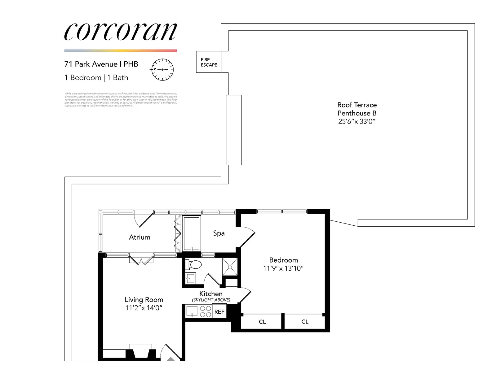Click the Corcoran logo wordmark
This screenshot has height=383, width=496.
[x=120, y=32]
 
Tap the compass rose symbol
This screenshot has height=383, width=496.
[x=162, y=70]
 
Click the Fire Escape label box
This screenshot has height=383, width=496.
[x=209, y=62]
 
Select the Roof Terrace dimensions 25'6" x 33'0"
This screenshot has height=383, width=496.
[x=356, y=122]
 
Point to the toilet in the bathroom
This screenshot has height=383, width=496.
[x=194, y=265]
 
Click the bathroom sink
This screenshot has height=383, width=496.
[x=190, y=278]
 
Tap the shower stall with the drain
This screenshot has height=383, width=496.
[x=230, y=266]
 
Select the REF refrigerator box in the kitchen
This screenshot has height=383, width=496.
[x=219, y=312]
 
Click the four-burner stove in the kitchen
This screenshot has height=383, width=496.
[x=205, y=311]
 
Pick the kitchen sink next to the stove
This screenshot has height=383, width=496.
[x=192, y=311]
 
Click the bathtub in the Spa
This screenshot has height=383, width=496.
[x=192, y=233]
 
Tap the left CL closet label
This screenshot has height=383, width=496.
[x=262, y=322]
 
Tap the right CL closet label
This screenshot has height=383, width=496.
[x=305, y=322]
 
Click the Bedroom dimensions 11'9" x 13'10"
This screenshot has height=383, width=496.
[x=283, y=268]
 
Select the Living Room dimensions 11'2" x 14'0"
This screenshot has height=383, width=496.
[x=144, y=308]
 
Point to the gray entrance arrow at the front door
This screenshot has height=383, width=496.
[x=171, y=359]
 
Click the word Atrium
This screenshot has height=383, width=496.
[x=139, y=237]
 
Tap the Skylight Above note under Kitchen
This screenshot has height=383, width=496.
[x=211, y=300]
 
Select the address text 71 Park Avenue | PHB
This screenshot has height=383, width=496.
[x=101, y=64]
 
